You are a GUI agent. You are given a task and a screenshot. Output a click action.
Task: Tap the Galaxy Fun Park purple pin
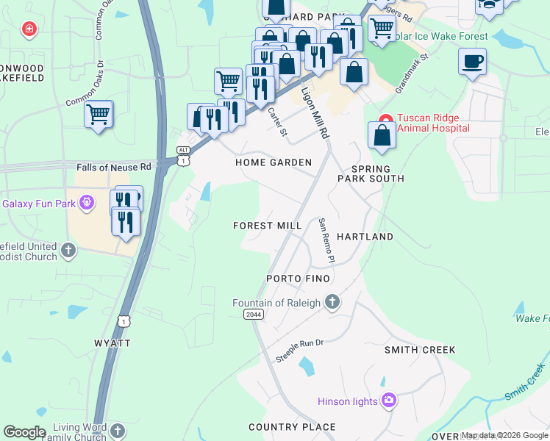point(87,201)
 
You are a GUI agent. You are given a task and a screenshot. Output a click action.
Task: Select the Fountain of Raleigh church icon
point(332,301)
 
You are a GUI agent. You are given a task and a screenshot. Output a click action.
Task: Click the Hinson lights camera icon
point(388,401)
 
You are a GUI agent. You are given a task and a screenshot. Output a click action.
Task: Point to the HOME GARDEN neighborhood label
point(274,162)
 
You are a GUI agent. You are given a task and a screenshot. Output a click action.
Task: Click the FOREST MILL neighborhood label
point(268,226)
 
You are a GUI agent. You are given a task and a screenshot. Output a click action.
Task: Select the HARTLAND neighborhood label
point(365,237)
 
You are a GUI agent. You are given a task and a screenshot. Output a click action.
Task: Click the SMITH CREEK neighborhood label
point(420,350)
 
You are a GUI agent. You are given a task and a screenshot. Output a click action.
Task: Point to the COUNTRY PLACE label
point(292,427)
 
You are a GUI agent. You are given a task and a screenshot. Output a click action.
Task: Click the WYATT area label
point(113,343)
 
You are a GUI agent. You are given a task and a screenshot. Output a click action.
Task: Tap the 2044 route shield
point(252,314)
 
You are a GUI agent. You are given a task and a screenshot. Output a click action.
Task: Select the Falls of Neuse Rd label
point(114,168)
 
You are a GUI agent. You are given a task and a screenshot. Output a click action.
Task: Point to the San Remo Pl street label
point(326,241)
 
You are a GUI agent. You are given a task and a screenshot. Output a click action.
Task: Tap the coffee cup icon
point(471,61)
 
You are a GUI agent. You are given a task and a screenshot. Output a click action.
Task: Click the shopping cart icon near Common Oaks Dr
point(98,114)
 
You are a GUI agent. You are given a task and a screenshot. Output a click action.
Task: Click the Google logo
point(24,432)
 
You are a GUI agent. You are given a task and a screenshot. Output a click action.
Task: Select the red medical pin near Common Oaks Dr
point(29,29)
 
